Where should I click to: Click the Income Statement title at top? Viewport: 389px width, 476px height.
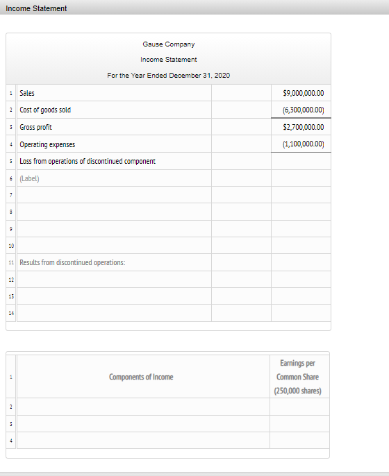coord(36,8)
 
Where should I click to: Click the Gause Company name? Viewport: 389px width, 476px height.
coord(168,44)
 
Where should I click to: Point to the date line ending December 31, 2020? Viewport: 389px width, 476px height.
coord(168,75)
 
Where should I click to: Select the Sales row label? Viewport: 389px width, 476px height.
coord(27,93)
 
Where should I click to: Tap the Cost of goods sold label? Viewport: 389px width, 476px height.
coord(44,110)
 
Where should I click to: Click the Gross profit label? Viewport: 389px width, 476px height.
coord(35,127)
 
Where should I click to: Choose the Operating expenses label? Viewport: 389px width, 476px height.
coord(47,144)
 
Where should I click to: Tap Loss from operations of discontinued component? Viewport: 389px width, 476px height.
coord(88,161)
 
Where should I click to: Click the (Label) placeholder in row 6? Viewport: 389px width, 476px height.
coord(29,178)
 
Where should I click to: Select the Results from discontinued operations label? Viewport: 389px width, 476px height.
coord(72,262)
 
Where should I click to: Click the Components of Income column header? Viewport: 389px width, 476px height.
coord(141,377)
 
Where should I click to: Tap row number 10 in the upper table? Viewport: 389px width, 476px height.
coord(11,246)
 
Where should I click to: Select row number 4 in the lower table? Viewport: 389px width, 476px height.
coord(11,441)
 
